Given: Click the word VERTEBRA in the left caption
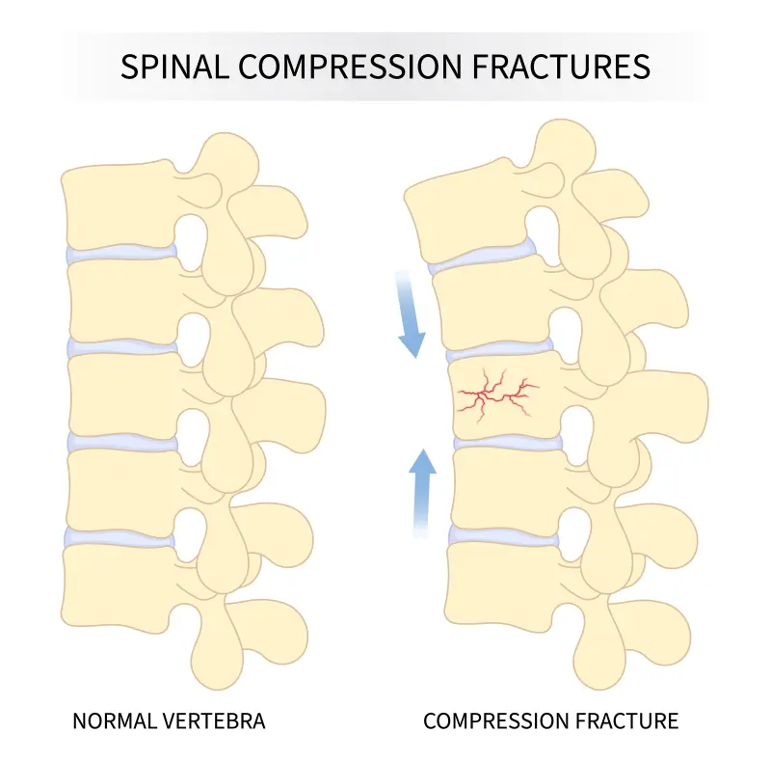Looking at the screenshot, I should point(213,720).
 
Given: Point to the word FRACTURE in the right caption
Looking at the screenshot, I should point(627,720).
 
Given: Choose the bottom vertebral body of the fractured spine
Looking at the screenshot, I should point(501,584).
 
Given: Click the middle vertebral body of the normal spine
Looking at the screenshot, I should point(120,393).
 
